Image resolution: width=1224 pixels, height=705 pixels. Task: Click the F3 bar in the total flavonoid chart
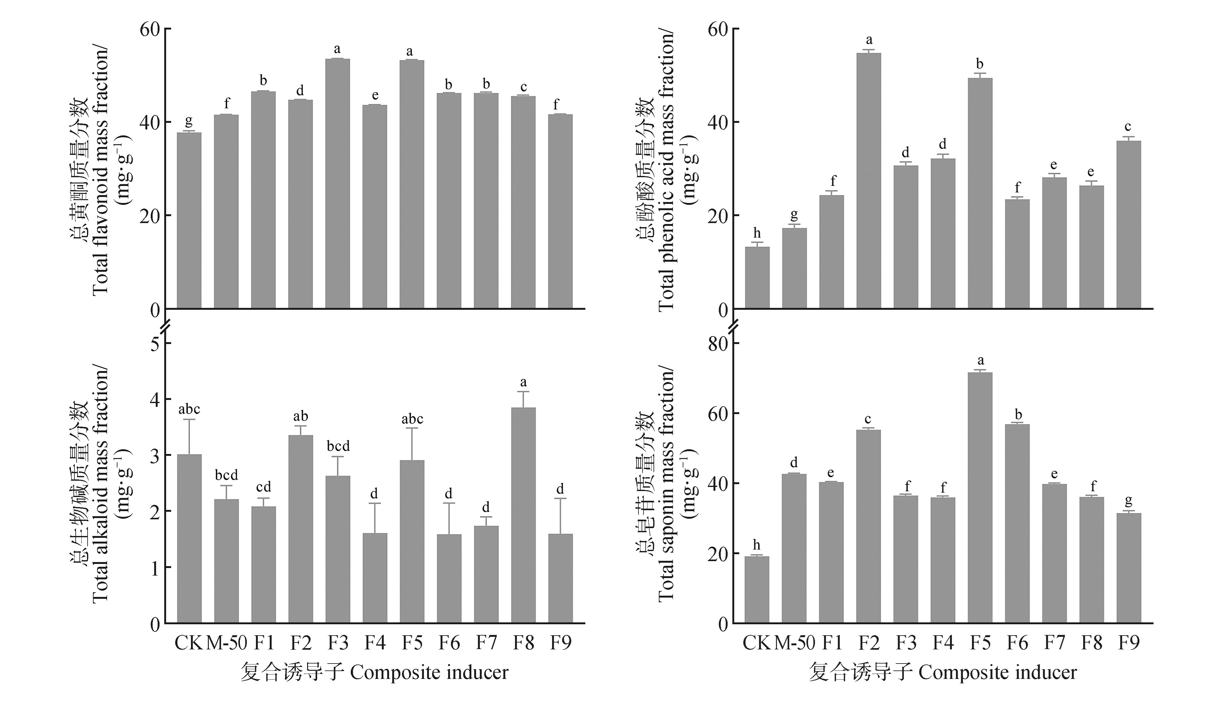(337, 184)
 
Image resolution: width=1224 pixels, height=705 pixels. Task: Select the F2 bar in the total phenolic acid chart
(869, 182)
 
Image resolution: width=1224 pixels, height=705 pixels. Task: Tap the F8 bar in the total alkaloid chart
(523, 516)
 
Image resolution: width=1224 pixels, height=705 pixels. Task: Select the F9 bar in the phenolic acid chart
(1129, 225)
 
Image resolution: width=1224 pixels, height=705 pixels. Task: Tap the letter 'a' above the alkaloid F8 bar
(523, 382)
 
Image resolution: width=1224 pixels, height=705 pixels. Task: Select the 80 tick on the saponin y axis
(718, 344)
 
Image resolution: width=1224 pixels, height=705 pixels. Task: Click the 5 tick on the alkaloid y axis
(155, 344)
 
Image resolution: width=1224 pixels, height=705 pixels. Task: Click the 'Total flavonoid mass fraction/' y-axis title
(100, 172)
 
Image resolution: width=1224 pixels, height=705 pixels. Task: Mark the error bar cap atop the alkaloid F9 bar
(560, 499)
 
